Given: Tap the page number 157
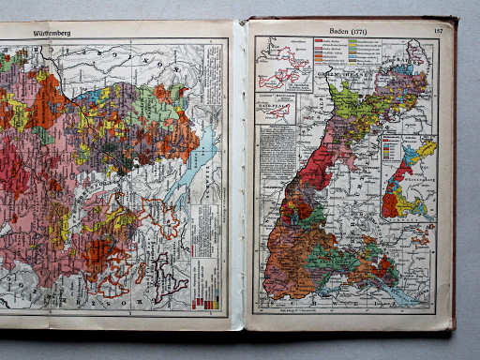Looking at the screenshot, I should pos(437,31).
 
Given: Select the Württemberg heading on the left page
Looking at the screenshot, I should pos(52,33).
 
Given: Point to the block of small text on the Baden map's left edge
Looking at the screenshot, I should pos(277,150).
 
